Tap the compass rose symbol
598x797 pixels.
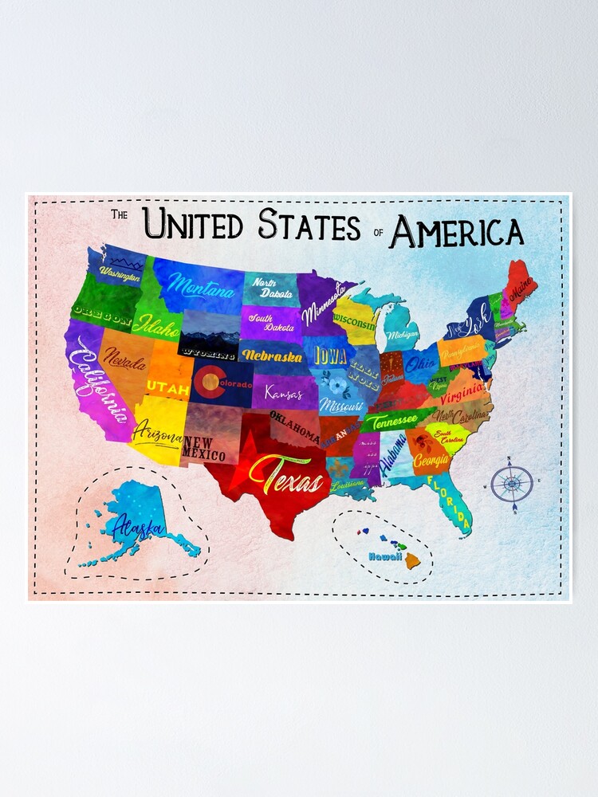coord(511,483)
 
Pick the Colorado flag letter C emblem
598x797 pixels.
coord(208,383)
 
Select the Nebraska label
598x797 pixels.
coord(271,355)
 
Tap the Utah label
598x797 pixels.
coord(167,389)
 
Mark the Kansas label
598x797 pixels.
coord(283,393)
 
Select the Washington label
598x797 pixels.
coord(120,273)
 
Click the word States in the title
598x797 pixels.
coord(309,225)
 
